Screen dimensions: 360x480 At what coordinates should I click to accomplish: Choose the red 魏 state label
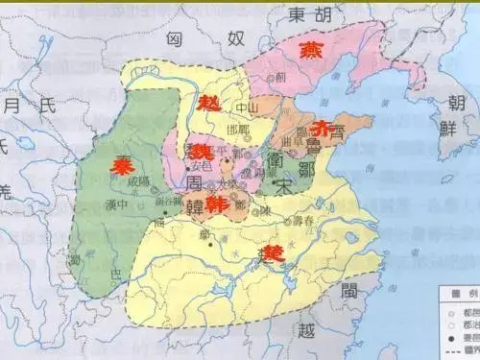[x=203, y=152]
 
